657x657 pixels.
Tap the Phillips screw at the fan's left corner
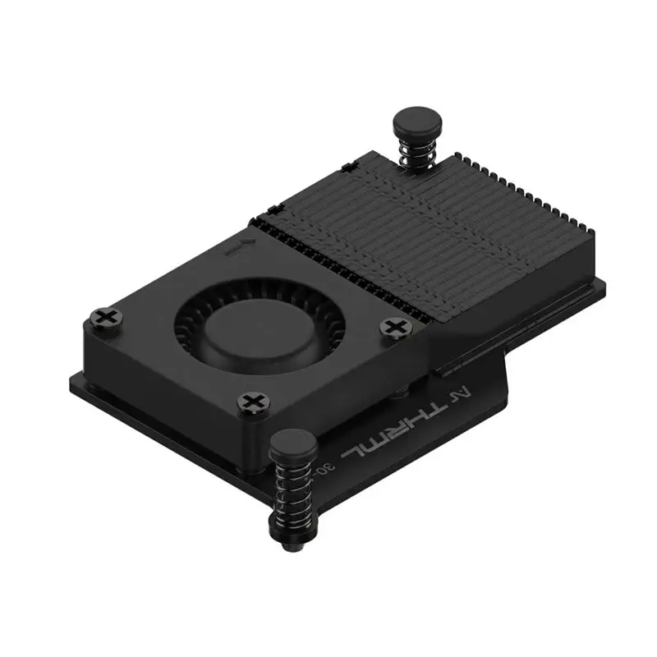click(x=107, y=317)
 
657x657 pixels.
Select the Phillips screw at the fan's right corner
click(x=395, y=327)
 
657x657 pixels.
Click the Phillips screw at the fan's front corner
click(x=251, y=402)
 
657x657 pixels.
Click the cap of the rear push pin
click(x=417, y=123)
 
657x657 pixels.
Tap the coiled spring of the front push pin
click(x=292, y=493)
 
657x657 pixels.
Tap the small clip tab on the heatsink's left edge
click(x=348, y=168)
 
